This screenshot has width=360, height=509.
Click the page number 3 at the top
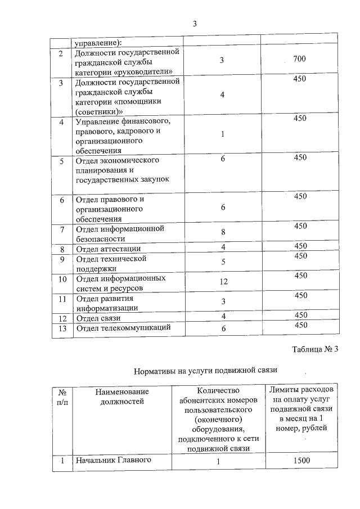click(x=195, y=24)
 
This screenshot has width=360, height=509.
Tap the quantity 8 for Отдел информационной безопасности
click(x=223, y=232)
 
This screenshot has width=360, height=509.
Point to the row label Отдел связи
click(x=98, y=318)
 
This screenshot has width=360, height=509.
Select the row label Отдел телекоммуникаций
click(x=123, y=328)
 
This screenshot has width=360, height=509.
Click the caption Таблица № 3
click(x=316, y=349)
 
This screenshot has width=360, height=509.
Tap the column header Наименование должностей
click(x=122, y=396)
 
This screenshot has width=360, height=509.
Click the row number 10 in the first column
click(x=62, y=278)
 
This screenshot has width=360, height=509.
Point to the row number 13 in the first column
click(x=62, y=328)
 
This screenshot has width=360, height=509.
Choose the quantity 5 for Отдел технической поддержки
click(x=223, y=262)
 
